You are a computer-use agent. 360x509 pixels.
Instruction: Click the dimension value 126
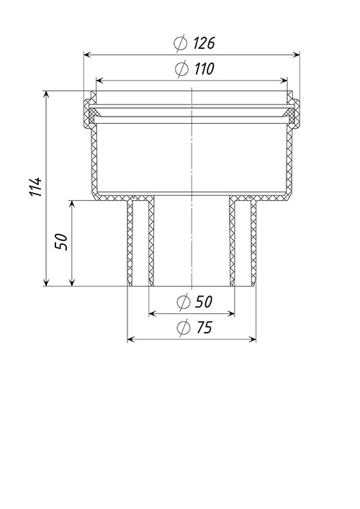point(204,43)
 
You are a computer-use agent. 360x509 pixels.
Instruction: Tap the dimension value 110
point(204,69)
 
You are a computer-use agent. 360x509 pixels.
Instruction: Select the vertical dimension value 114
point(36,186)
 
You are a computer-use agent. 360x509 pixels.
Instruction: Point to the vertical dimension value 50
point(61,242)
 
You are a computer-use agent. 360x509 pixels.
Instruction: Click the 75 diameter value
point(204,327)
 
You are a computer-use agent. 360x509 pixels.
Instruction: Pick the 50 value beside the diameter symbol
point(204,302)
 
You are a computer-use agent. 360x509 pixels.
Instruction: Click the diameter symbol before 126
point(181,43)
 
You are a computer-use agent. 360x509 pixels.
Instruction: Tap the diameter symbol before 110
point(181,69)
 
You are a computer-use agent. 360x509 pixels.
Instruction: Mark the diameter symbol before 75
point(184,327)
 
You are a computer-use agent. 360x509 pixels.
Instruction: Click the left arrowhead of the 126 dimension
point(88,55)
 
